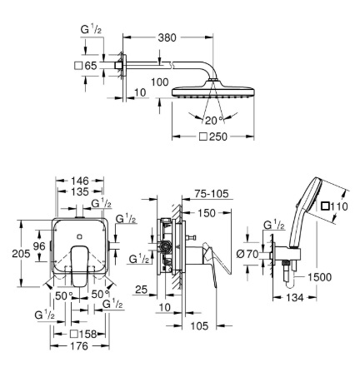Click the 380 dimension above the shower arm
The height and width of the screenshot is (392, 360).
(x=167, y=37)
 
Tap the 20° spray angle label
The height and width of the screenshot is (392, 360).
(x=214, y=120)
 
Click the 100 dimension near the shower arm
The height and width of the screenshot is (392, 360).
(x=160, y=82)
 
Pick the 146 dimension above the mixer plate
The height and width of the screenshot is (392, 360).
(x=80, y=181)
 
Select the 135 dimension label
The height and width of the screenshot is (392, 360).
(x=80, y=191)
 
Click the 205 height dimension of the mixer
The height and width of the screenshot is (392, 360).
(x=21, y=253)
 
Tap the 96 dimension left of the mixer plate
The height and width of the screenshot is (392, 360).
(x=39, y=246)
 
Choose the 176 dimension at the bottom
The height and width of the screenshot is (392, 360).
(x=79, y=346)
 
